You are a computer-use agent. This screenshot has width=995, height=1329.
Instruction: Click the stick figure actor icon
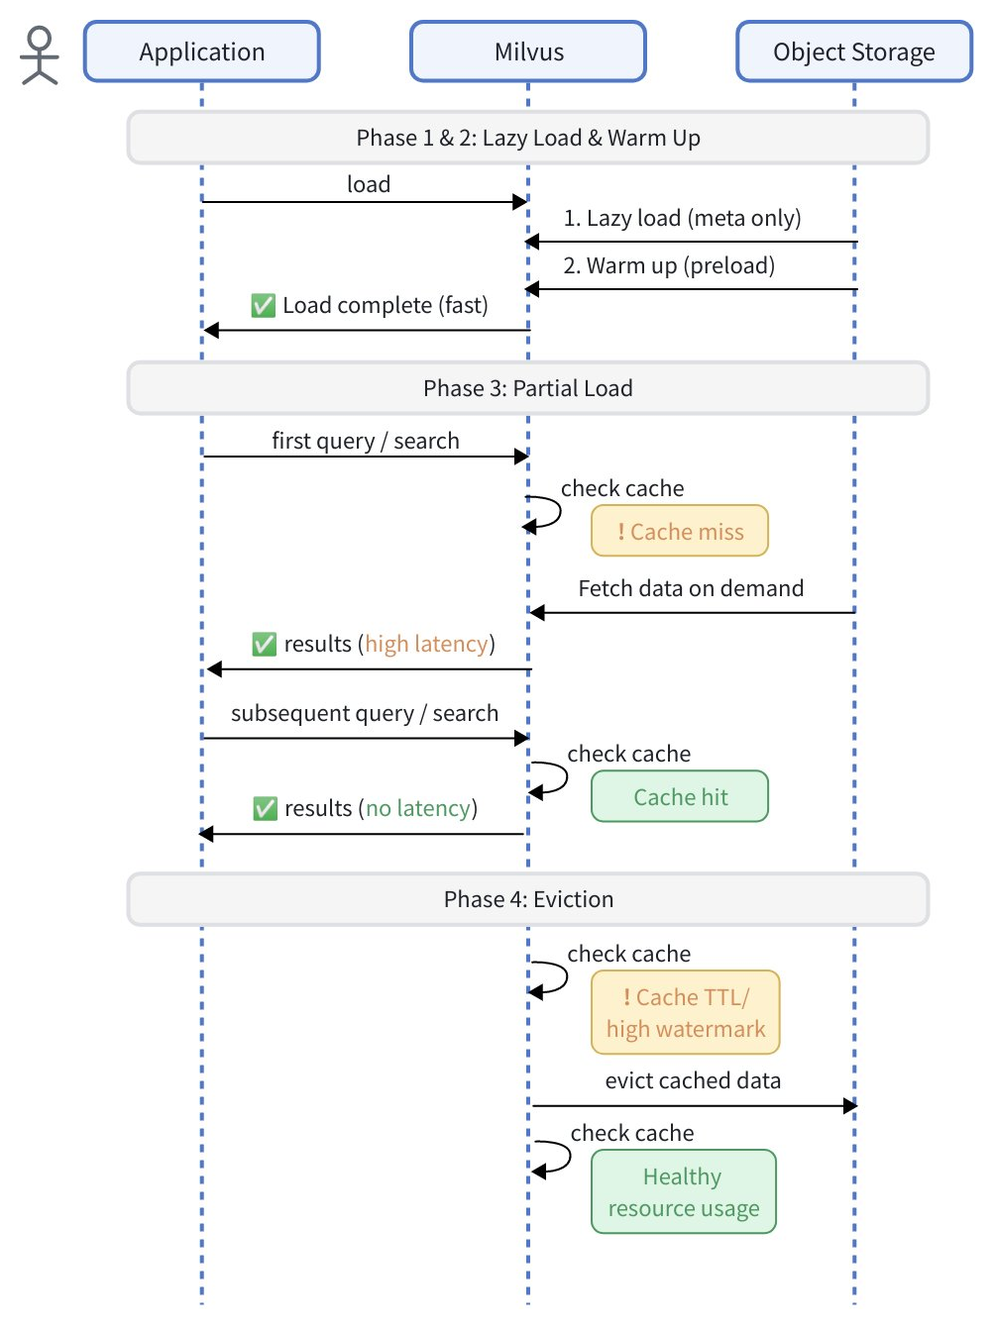pos(40,55)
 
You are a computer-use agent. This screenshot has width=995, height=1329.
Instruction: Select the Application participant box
pos(202,51)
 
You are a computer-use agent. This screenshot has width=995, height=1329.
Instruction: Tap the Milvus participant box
pos(528,51)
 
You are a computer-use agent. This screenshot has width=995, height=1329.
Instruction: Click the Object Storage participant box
pos(853,51)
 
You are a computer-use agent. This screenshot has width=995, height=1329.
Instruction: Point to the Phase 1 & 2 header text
pos(528,138)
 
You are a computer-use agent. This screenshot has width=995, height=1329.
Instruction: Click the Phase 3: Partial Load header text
pos(528,388)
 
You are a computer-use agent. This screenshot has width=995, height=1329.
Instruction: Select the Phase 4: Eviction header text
pos(528,899)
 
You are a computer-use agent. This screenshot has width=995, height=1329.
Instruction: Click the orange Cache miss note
pos(680,532)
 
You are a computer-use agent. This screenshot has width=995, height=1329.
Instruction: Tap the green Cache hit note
pos(680,797)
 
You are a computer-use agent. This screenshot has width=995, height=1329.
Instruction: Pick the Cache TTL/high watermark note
pos(686,1013)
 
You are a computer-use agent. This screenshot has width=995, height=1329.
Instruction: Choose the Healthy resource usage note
pos(684,1192)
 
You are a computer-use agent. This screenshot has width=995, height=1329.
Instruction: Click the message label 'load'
pos(369,184)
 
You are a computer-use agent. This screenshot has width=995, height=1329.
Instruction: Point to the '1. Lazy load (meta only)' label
pos(682,218)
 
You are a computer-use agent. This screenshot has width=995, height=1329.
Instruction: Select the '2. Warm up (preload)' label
pos(669,265)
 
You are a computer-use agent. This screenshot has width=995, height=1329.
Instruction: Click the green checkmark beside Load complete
pos(263,305)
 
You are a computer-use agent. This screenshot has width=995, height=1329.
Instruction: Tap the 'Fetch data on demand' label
pos(691,588)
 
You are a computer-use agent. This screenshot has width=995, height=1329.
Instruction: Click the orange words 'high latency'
pos(427,644)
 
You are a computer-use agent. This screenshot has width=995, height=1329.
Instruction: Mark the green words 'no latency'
pos(418,808)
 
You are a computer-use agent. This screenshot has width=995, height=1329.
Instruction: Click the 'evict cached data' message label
pos(693,1080)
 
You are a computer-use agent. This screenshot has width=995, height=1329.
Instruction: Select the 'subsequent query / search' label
pos(365,713)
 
